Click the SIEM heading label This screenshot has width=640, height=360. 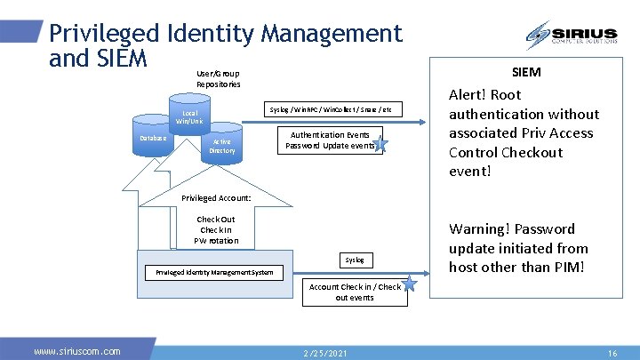tap(526, 72)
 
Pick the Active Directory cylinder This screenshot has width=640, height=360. tap(221, 146)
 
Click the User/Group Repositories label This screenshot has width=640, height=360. tap(219, 78)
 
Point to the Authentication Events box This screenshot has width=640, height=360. tap(330, 140)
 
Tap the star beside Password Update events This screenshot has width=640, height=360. tap(380, 145)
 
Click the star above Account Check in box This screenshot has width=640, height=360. tap(409, 283)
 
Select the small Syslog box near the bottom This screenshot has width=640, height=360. tap(355, 260)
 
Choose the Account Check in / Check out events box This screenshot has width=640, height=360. tap(355, 292)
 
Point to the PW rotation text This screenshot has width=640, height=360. tap(216, 240)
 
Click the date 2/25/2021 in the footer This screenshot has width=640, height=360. tap(326, 353)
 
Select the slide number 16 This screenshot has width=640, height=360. tap(612, 353)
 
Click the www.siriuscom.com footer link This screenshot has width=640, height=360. tap(77, 351)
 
